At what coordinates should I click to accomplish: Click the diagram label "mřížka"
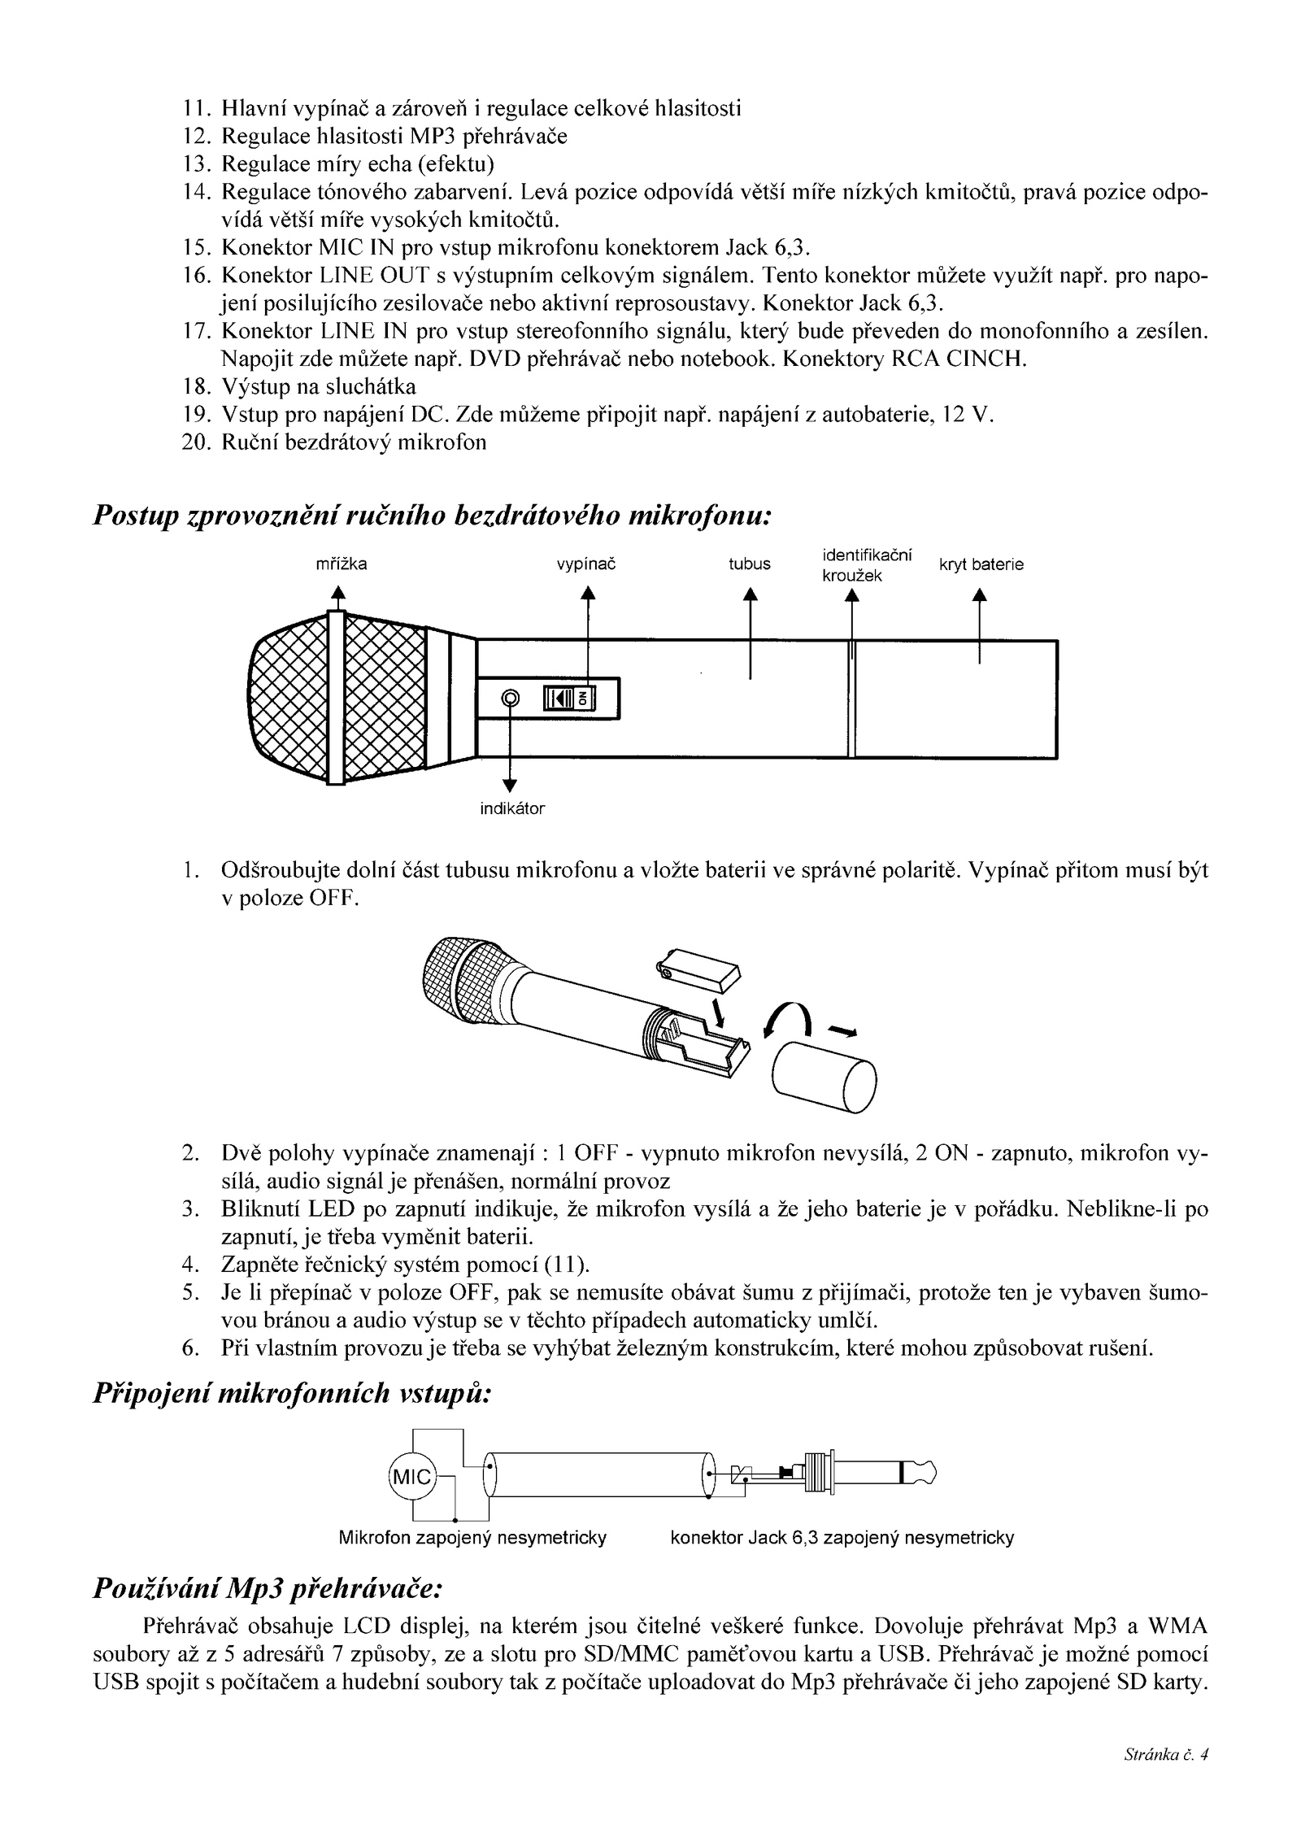(x=341, y=564)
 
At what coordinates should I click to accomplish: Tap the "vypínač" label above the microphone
(x=585, y=564)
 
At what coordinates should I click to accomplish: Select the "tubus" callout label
(x=749, y=564)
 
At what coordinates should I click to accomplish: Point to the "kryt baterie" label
(x=981, y=564)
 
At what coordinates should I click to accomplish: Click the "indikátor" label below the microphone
(x=512, y=809)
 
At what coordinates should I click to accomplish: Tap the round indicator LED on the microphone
(x=511, y=698)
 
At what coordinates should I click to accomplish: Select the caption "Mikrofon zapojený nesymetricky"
(x=472, y=1538)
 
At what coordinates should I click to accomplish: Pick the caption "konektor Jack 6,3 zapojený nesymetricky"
(x=842, y=1538)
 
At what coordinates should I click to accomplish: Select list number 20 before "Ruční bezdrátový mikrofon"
(x=196, y=442)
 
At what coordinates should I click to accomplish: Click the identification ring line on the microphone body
(x=851, y=699)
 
